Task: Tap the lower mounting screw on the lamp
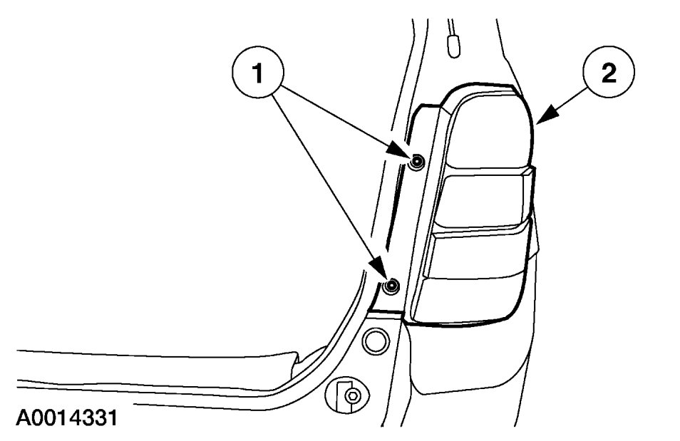[x=390, y=286]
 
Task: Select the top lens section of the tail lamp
[x=492, y=132]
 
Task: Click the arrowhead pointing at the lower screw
[x=379, y=274]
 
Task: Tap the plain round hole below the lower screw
[x=373, y=341]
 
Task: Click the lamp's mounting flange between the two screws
[x=413, y=221]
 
